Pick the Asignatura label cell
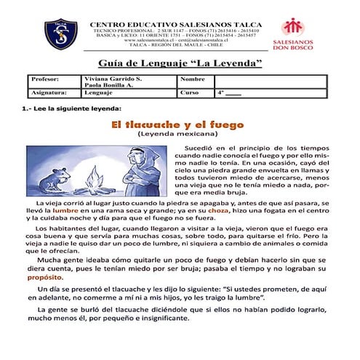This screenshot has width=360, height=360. click(x=50, y=93)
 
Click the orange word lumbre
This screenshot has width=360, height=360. click(x=66, y=209)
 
